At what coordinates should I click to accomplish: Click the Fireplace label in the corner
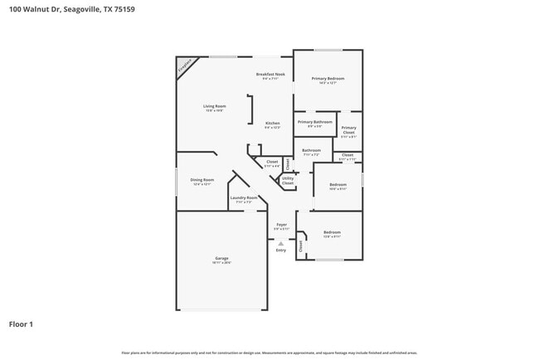click(184, 66)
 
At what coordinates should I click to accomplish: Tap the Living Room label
click(215, 106)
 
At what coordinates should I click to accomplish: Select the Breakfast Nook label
click(273, 74)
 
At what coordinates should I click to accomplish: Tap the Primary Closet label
click(348, 130)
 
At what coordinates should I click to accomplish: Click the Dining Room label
click(202, 180)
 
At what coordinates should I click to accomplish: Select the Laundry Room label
click(244, 198)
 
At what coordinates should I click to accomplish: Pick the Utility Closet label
click(288, 180)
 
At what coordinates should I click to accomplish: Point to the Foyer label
click(281, 224)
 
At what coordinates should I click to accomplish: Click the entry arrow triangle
click(281, 243)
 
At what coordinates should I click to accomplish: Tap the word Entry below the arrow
click(281, 250)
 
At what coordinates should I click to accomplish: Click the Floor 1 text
click(21, 324)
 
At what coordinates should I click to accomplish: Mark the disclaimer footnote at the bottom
click(269, 353)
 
